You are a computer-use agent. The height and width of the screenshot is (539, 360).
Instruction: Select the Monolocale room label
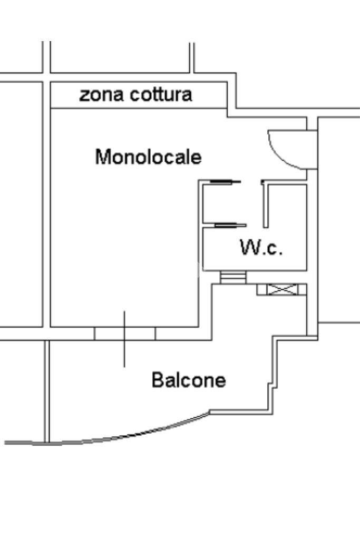tap(148, 157)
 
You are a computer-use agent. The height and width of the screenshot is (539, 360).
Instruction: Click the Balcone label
tap(189, 380)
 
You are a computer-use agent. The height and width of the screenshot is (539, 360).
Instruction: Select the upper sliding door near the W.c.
tap(222, 182)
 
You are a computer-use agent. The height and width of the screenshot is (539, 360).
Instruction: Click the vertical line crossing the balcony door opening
tap(124, 339)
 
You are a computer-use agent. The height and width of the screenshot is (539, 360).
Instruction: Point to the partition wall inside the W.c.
tap(266, 205)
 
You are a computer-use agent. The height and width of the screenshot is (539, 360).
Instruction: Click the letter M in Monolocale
tap(102, 157)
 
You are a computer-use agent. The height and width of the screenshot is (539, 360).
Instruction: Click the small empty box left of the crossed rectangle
tap(261, 289)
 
